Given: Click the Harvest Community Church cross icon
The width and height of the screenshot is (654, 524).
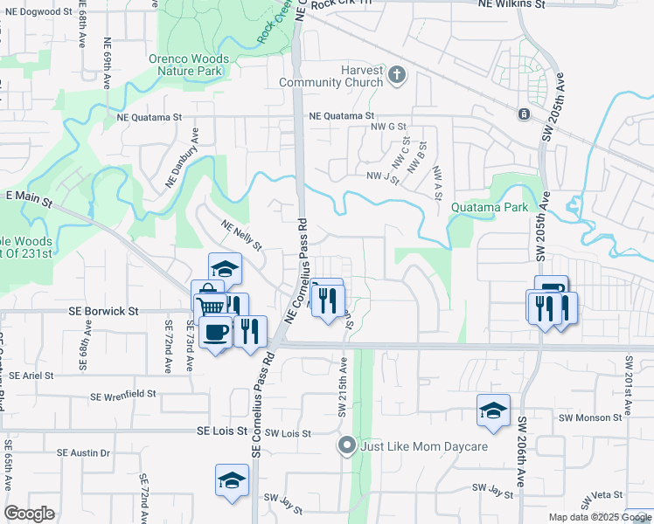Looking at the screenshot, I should pyautogui.click(x=398, y=74).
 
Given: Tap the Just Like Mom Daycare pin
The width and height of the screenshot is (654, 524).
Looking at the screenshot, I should pyautogui.click(x=347, y=446).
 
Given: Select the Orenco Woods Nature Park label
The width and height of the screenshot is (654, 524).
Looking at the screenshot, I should pyautogui.click(x=189, y=65).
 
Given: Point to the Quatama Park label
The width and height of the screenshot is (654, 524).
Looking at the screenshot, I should pyautogui.click(x=490, y=208).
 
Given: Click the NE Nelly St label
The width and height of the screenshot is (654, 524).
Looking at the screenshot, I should pyautogui.click(x=241, y=235).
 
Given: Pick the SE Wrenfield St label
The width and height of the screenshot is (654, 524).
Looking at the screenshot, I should pyautogui.click(x=122, y=395).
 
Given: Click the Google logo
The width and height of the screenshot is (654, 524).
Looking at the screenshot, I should pyautogui.click(x=29, y=514).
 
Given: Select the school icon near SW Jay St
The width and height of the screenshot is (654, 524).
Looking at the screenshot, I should pyautogui.click(x=233, y=480).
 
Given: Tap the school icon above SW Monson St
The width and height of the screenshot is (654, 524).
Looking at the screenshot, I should pyautogui.click(x=493, y=410).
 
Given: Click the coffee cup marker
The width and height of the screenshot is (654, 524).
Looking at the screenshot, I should pyautogui.click(x=215, y=331).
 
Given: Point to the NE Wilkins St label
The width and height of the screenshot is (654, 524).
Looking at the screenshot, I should pyautogui.click(x=511, y=4).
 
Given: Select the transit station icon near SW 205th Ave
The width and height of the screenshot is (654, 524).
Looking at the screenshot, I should pyautogui.click(x=523, y=114).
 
